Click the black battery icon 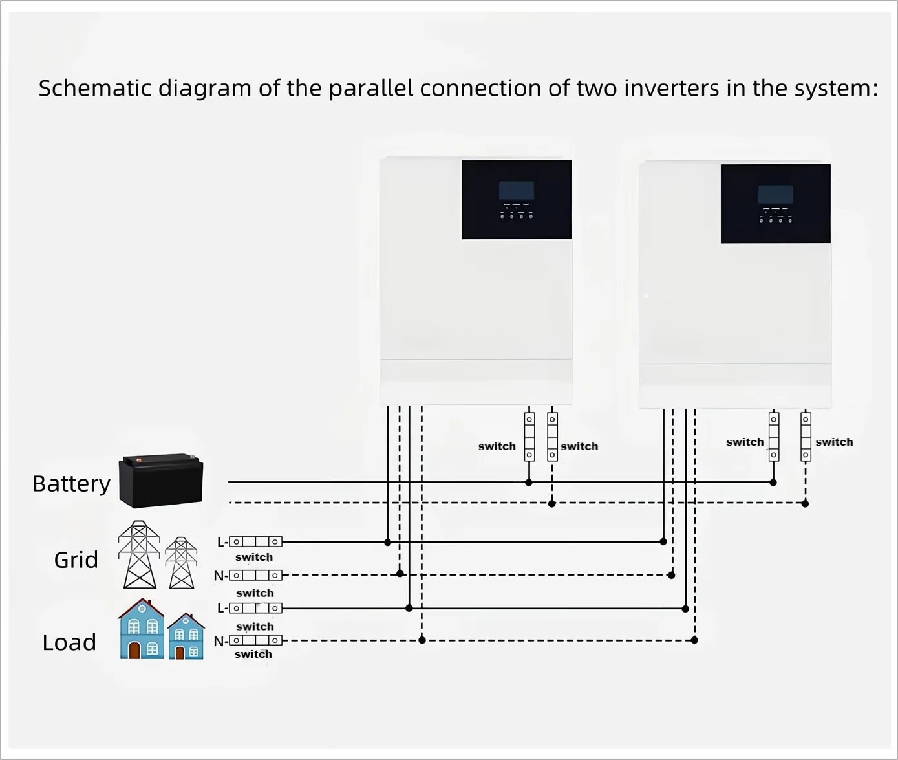[161, 481]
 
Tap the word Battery [71, 484]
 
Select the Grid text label [76, 559]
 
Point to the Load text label [69, 642]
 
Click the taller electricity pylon [139, 554]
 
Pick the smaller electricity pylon [181, 563]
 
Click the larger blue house [142, 629]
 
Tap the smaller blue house [186, 636]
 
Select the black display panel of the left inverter [516, 199]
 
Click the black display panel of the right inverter [775, 203]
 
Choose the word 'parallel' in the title [370, 88]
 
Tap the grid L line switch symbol [255, 541]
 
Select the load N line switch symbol [255, 640]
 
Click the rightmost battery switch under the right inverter [806, 437]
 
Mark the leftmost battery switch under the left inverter [529, 437]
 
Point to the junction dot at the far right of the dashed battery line [805, 503]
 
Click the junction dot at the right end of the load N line [694, 640]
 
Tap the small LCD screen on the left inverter [516, 190]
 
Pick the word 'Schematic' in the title [94, 88]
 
